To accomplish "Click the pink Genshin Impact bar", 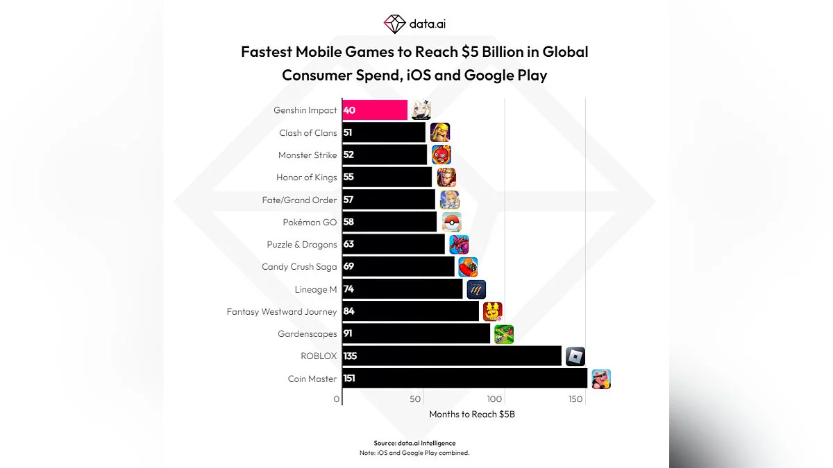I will pyautogui.click(x=375, y=110).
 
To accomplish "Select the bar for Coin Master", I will pyautogui.click(x=465, y=379).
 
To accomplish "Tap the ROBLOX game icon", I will pyautogui.click(x=575, y=356).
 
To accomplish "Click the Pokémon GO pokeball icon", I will pyautogui.click(x=452, y=222).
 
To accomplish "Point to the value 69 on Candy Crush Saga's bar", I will pyautogui.click(x=349, y=267).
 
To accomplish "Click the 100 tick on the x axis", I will pyautogui.click(x=494, y=399).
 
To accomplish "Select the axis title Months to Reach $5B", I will pyautogui.click(x=472, y=415).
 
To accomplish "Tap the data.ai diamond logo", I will pyautogui.click(x=394, y=24).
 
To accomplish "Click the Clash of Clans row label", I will pyautogui.click(x=308, y=133).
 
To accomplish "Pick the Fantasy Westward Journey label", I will pyautogui.click(x=281, y=312).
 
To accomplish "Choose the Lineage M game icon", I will pyautogui.click(x=476, y=289).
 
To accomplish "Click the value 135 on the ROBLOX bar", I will pyautogui.click(x=351, y=356).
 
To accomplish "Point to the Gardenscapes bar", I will pyautogui.click(x=416, y=334).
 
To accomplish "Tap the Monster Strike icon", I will pyautogui.click(x=441, y=155).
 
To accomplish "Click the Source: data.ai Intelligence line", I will pyautogui.click(x=414, y=443).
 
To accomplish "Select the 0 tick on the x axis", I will pyautogui.click(x=337, y=399).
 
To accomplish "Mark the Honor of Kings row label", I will pyautogui.click(x=306, y=177).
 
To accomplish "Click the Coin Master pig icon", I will pyautogui.click(x=600, y=379).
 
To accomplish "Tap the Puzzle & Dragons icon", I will pyautogui.click(x=459, y=245).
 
